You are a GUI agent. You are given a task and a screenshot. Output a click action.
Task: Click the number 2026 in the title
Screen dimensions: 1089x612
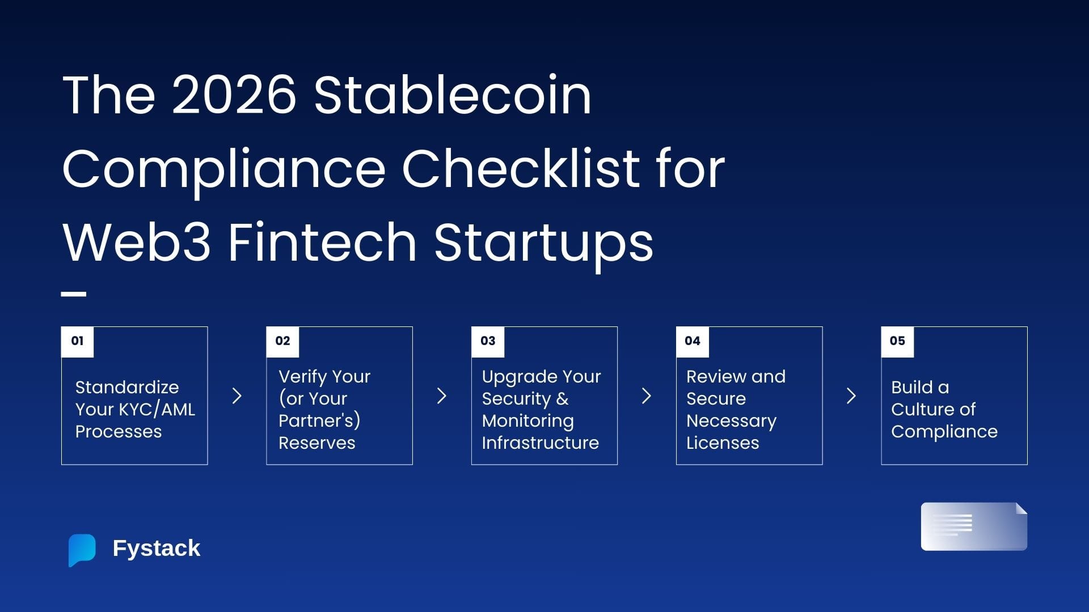[x=234, y=95]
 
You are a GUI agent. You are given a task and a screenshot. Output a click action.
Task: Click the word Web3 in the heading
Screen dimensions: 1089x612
[x=137, y=242]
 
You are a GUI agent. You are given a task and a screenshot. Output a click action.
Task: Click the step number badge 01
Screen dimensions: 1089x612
[x=77, y=341]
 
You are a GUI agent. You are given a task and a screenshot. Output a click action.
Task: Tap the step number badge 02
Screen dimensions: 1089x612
[x=282, y=341]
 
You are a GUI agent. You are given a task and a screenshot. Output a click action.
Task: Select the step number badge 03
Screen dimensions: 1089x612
[x=488, y=341]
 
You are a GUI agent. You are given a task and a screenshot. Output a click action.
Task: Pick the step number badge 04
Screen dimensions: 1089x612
[x=693, y=341]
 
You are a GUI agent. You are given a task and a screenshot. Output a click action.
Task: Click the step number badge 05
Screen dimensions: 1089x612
[x=897, y=341]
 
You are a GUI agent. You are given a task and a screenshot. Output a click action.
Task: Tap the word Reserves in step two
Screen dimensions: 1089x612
[x=317, y=443]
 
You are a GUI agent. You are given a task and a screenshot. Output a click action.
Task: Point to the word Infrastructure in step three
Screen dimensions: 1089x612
[x=541, y=443]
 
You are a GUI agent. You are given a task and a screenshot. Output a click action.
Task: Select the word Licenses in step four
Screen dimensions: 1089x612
[x=723, y=443]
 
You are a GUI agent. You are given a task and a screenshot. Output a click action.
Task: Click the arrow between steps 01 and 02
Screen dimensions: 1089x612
[x=237, y=396]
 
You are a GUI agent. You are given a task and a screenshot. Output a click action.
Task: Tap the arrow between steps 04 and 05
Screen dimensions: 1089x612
[x=851, y=396]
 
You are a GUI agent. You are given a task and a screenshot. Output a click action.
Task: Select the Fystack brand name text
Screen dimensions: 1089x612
[x=157, y=549]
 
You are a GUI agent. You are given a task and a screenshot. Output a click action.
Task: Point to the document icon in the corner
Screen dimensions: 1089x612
[x=974, y=526]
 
